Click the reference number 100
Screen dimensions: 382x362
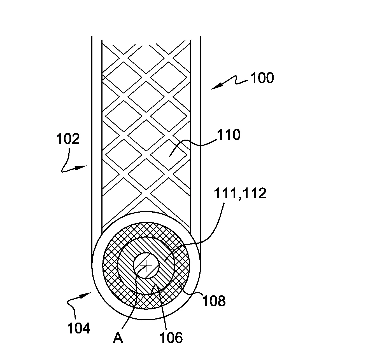coord(262,78)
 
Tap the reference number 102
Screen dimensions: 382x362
coord(68,139)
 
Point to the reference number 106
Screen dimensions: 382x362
coord(171,338)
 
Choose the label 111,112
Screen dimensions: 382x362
coord(240,193)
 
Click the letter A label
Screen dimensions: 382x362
coord(118,338)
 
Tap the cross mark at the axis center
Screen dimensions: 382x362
coord(146,266)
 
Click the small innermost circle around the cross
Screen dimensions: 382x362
coord(146,266)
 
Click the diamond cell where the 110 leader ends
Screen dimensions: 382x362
coord(169,155)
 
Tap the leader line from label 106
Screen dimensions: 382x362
coord(161,307)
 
